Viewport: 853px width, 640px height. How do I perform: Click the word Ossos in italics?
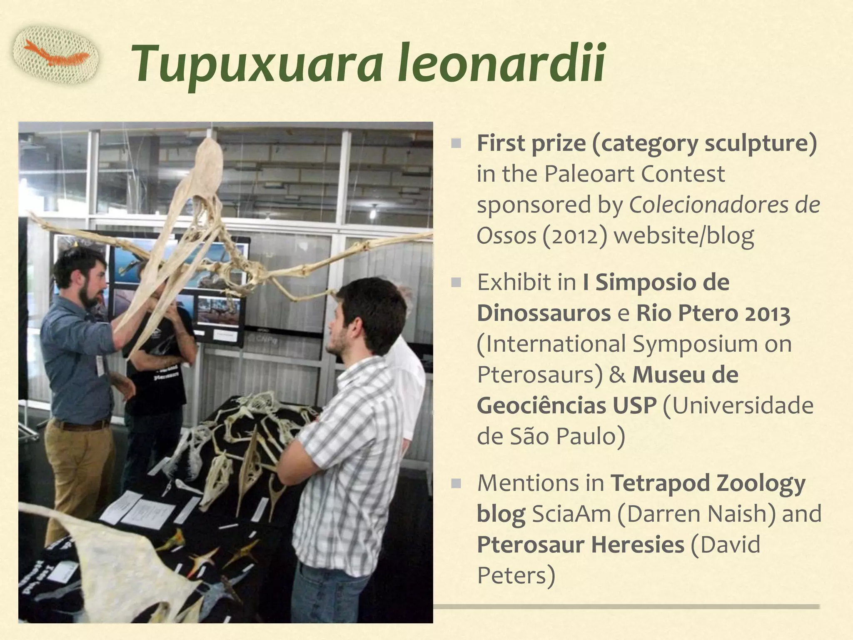(506, 236)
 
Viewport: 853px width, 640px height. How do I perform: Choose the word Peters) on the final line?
(516, 576)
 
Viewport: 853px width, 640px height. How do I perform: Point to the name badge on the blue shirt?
(100, 365)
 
